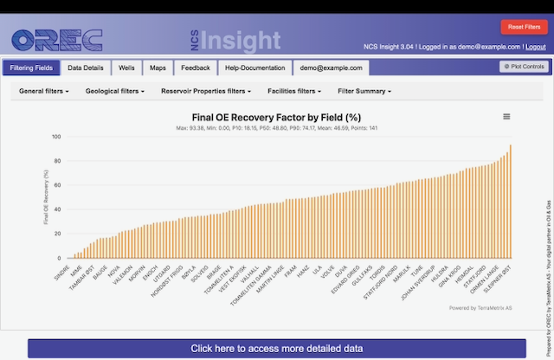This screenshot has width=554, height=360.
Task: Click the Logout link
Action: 535,47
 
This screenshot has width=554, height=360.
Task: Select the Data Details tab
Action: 86,67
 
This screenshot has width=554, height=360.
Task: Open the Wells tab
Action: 126,67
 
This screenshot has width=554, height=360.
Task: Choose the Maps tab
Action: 158,67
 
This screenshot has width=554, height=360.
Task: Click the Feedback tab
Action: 195,67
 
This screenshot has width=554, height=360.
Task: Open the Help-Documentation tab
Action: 254,67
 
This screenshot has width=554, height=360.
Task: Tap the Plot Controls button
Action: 523,67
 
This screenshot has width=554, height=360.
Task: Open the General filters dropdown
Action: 44,91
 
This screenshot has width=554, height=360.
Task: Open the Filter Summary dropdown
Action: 364,91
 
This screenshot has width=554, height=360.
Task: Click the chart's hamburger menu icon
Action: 506,117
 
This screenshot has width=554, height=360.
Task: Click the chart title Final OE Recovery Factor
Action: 275,118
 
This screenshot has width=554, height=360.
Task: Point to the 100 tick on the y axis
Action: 55,137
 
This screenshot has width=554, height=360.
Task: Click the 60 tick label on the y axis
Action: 57,185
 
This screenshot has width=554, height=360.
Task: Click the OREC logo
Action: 57,40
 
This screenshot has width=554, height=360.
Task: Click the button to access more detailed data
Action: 276,348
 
